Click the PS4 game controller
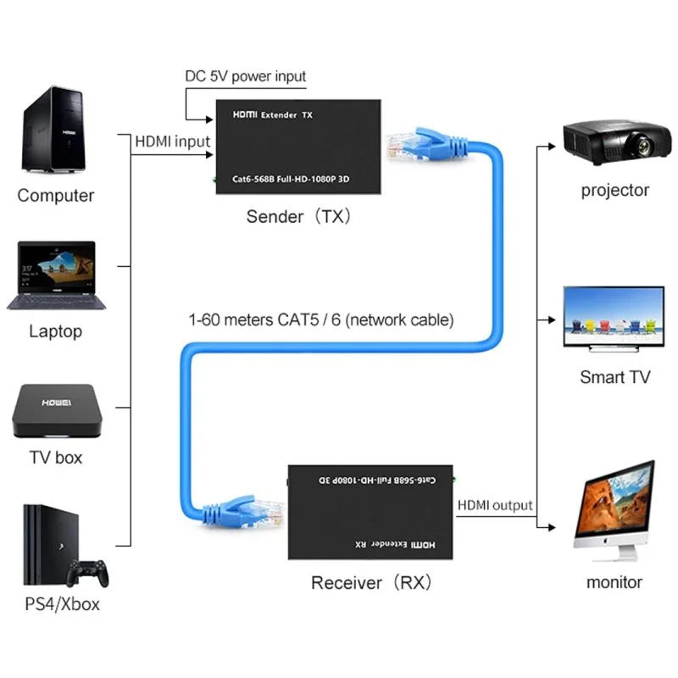coord(87,572)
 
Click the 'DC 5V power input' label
coord(246,76)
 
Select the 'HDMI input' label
coord(172,142)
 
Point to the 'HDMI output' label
coord(495,505)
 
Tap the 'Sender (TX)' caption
coord(297,216)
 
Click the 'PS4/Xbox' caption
coord(62,604)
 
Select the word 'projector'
coord(614,190)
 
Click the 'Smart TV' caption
coord(614,377)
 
